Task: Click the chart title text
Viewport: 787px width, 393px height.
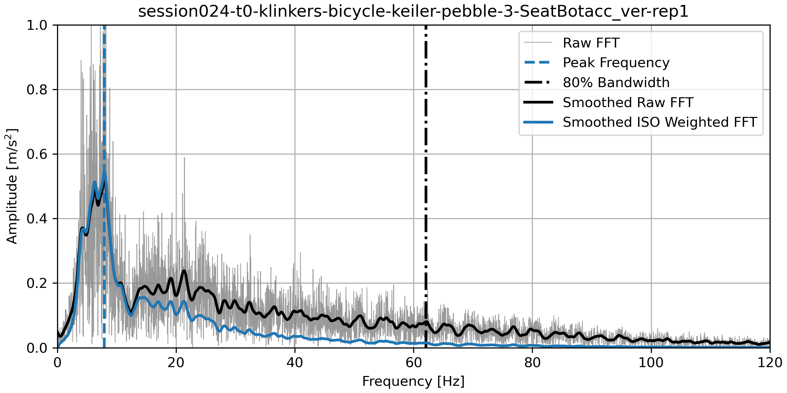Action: tap(413, 12)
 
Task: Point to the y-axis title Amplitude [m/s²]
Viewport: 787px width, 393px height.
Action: tap(12, 186)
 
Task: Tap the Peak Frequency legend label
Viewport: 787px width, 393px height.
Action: tap(616, 63)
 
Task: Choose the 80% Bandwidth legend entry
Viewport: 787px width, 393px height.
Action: tap(616, 83)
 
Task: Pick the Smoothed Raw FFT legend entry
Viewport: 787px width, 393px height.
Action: tap(628, 103)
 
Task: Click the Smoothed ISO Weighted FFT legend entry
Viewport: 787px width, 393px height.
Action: tap(660, 122)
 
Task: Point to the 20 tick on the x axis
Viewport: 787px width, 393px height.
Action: tap(176, 363)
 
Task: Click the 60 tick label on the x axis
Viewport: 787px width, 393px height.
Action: tap(414, 363)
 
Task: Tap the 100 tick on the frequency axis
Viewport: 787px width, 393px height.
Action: tap(651, 363)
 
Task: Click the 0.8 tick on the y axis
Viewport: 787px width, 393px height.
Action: tap(37, 89)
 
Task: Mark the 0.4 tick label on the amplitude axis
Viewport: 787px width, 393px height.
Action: tap(37, 218)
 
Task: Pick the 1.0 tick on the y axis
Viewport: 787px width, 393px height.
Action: tap(37, 25)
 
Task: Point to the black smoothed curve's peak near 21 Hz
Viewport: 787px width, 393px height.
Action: tap(184, 271)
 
